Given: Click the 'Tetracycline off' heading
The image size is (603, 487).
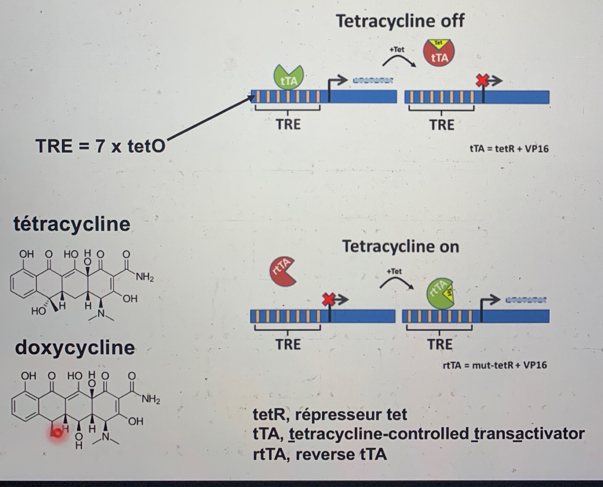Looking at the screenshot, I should pos(400,21).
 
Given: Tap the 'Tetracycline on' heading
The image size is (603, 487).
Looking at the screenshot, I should pos(400,247).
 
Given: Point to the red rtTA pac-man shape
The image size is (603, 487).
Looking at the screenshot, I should pos(282,272).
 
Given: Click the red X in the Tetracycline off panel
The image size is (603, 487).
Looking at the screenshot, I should pos(483,81).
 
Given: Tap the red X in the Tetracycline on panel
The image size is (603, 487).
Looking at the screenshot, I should pos(329,299).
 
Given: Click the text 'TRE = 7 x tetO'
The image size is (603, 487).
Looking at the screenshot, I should pos(100,146).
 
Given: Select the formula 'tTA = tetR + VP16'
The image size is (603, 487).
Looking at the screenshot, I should pos(509,149).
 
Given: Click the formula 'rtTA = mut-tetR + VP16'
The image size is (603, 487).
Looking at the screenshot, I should pos(495,365).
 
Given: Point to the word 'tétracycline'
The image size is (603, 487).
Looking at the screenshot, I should pos(72,224).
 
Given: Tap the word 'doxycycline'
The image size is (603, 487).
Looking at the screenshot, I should pos(75,347).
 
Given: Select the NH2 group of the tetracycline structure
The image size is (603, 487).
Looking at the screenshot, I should pos(145,277).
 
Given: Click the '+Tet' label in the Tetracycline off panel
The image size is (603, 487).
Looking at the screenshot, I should pos(396,49).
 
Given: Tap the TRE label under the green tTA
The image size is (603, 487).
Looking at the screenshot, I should pos(288,124).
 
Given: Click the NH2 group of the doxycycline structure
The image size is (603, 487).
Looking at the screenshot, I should pos(151,399).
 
